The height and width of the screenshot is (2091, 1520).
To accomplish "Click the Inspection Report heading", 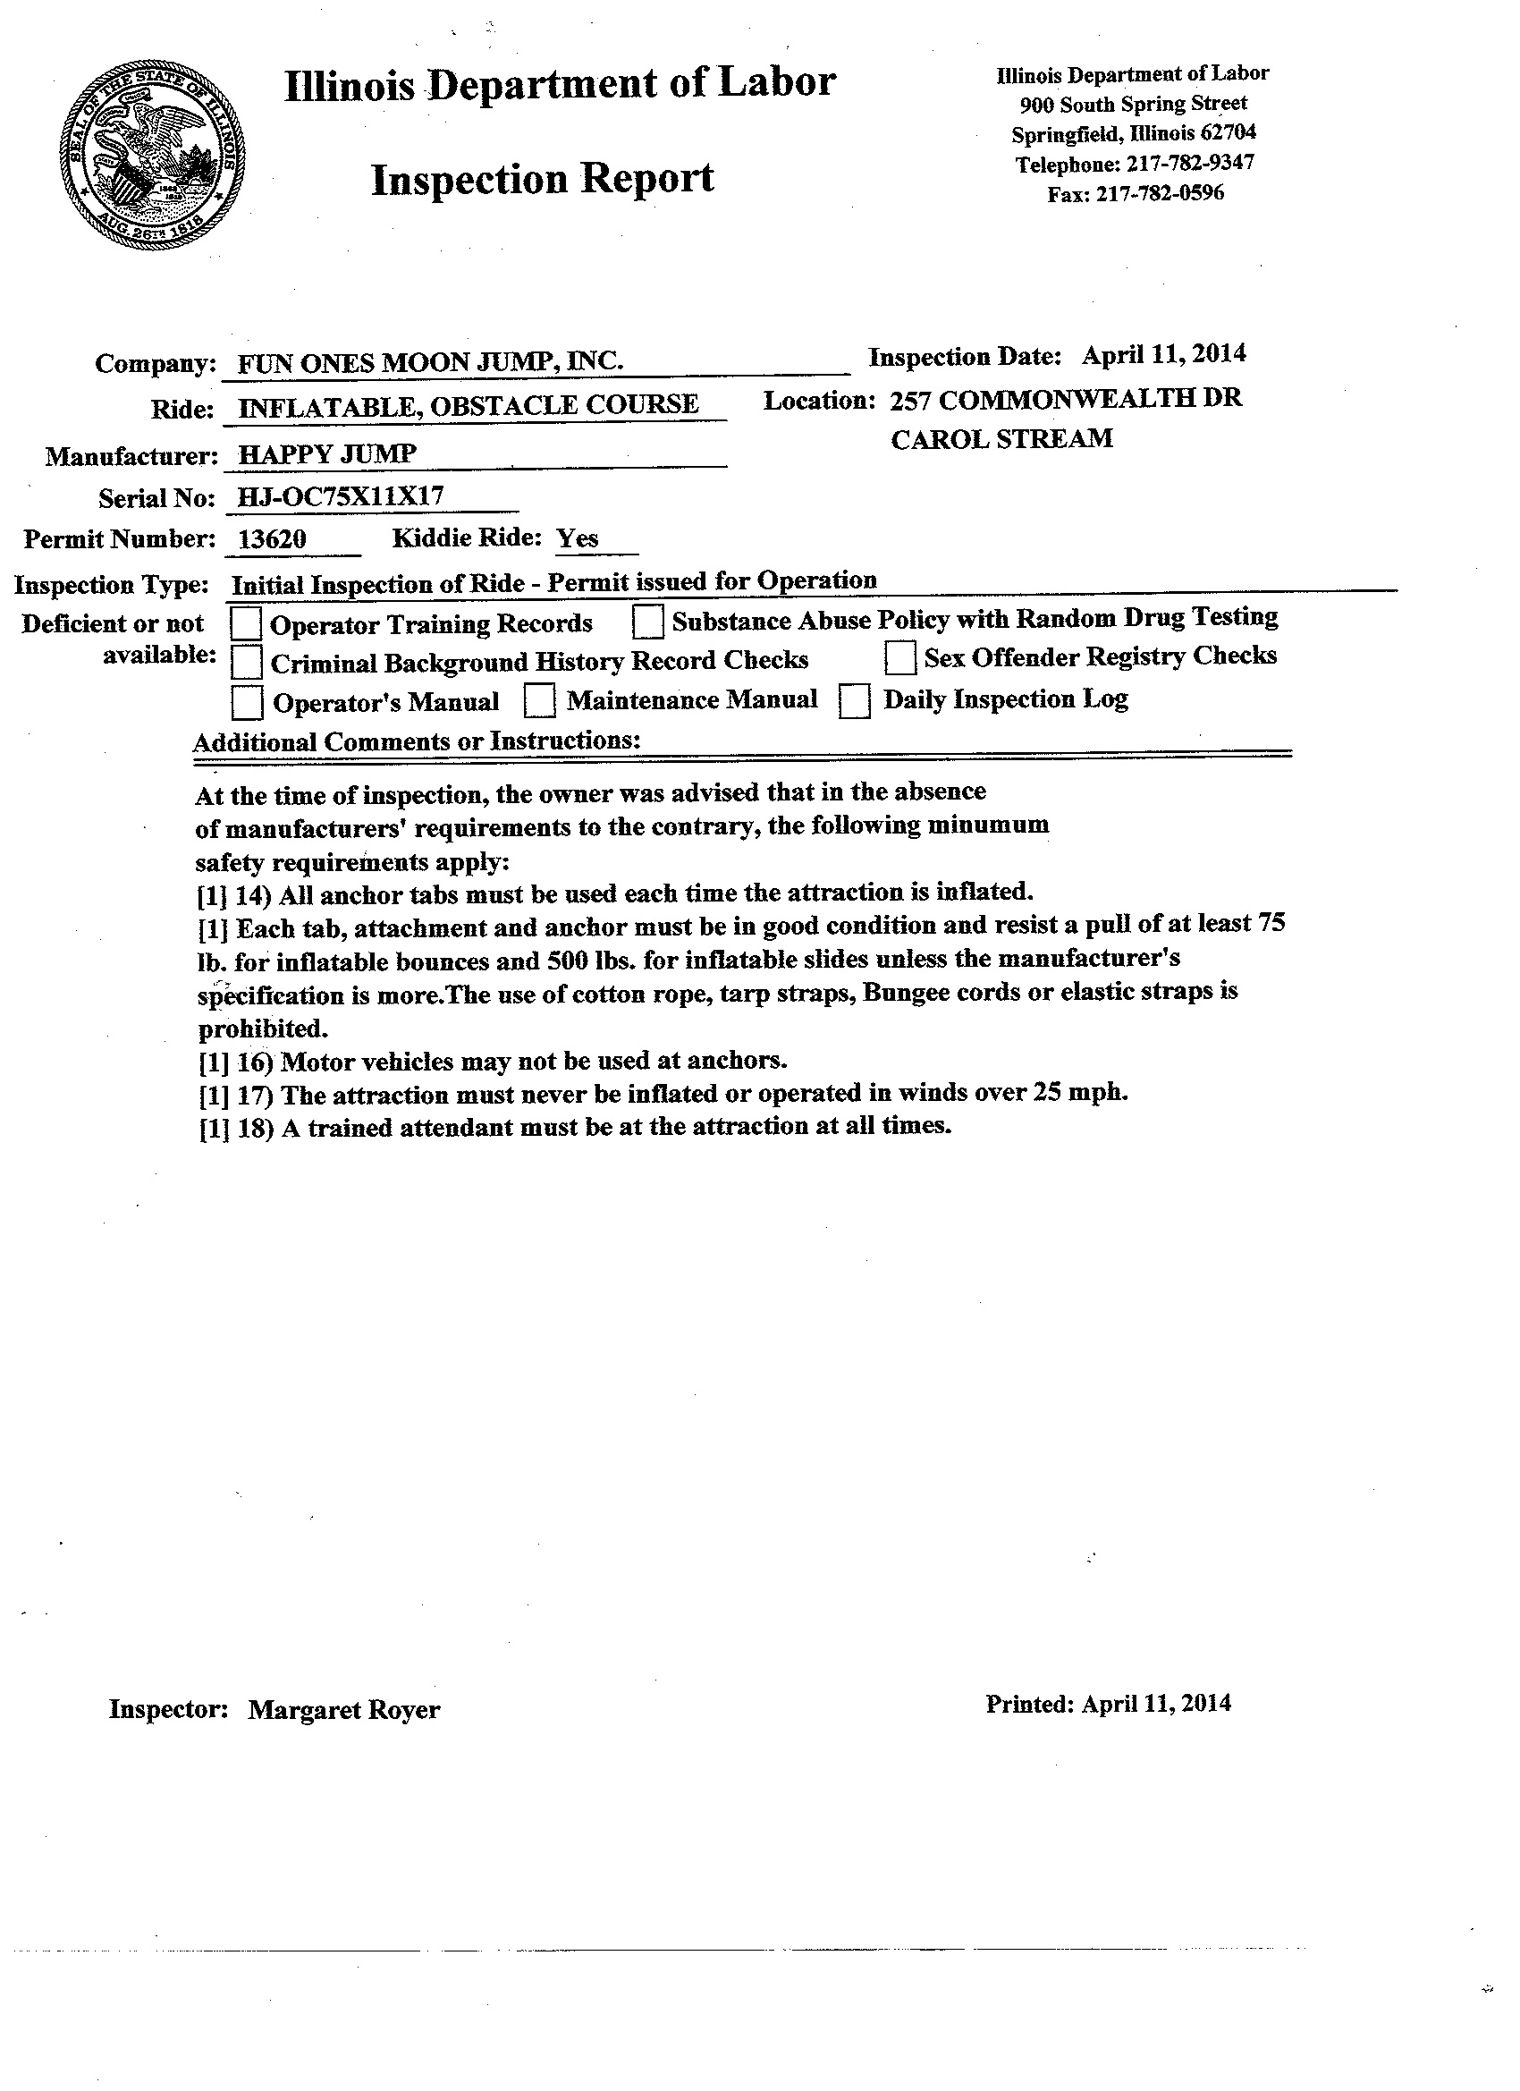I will [542, 179].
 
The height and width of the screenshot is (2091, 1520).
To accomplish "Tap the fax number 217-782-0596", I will [1160, 193].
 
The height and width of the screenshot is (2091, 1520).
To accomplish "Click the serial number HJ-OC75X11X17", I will [340, 497].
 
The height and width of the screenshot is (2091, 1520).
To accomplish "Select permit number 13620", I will [272, 538].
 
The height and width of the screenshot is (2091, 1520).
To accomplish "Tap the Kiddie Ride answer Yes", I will [577, 538].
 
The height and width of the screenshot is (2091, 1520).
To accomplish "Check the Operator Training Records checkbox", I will [246, 623].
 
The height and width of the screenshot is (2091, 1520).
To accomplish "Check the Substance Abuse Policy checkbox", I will [648, 622].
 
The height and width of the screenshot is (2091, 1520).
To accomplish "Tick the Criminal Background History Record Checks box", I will [246, 662].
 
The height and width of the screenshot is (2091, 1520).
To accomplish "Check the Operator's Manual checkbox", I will [246, 703].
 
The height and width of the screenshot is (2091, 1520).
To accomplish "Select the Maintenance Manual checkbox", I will [539, 700].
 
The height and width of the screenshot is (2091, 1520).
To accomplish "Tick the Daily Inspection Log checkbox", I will [855, 700].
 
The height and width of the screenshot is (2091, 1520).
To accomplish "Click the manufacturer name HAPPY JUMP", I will [327, 453].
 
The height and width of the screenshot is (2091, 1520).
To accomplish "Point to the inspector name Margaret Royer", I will [344, 1710].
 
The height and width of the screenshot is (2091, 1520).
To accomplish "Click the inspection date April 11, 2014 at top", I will [1163, 354].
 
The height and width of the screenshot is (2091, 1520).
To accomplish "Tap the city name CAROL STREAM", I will [1001, 439].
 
